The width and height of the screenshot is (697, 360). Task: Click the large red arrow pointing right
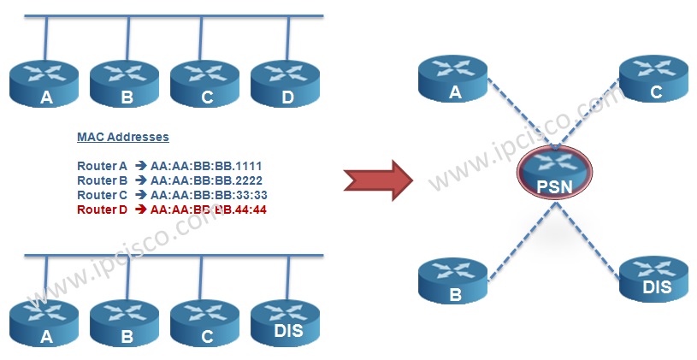point(378,180)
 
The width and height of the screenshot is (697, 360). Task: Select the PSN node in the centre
point(554,173)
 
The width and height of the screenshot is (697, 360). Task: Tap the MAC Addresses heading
point(123,137)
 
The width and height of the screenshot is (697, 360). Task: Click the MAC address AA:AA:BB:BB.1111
point(206,166)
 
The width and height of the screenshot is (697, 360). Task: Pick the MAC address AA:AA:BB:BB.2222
point(206,180)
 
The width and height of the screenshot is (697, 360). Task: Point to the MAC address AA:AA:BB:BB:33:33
point(209,195)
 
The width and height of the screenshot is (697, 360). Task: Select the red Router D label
point(103,210)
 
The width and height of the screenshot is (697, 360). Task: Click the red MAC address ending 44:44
point(209,210)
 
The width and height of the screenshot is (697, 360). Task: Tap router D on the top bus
point(286,84)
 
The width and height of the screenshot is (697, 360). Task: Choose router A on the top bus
point(44,84)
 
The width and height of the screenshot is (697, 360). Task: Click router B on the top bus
point(125,84)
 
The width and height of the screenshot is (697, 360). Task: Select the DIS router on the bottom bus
point(286,323)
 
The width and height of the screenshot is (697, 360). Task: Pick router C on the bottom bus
point(205,323)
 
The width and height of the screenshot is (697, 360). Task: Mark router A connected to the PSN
point(453,79)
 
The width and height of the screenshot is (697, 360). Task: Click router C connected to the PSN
point(653,79)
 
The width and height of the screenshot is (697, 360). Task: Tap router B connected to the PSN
point(453,280)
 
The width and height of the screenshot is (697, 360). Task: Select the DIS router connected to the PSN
point(653,279)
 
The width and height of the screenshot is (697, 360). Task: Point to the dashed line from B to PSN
point(522,241)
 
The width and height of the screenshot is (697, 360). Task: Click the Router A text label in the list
point(103,166)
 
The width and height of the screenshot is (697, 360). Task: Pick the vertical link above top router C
point(201,38)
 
